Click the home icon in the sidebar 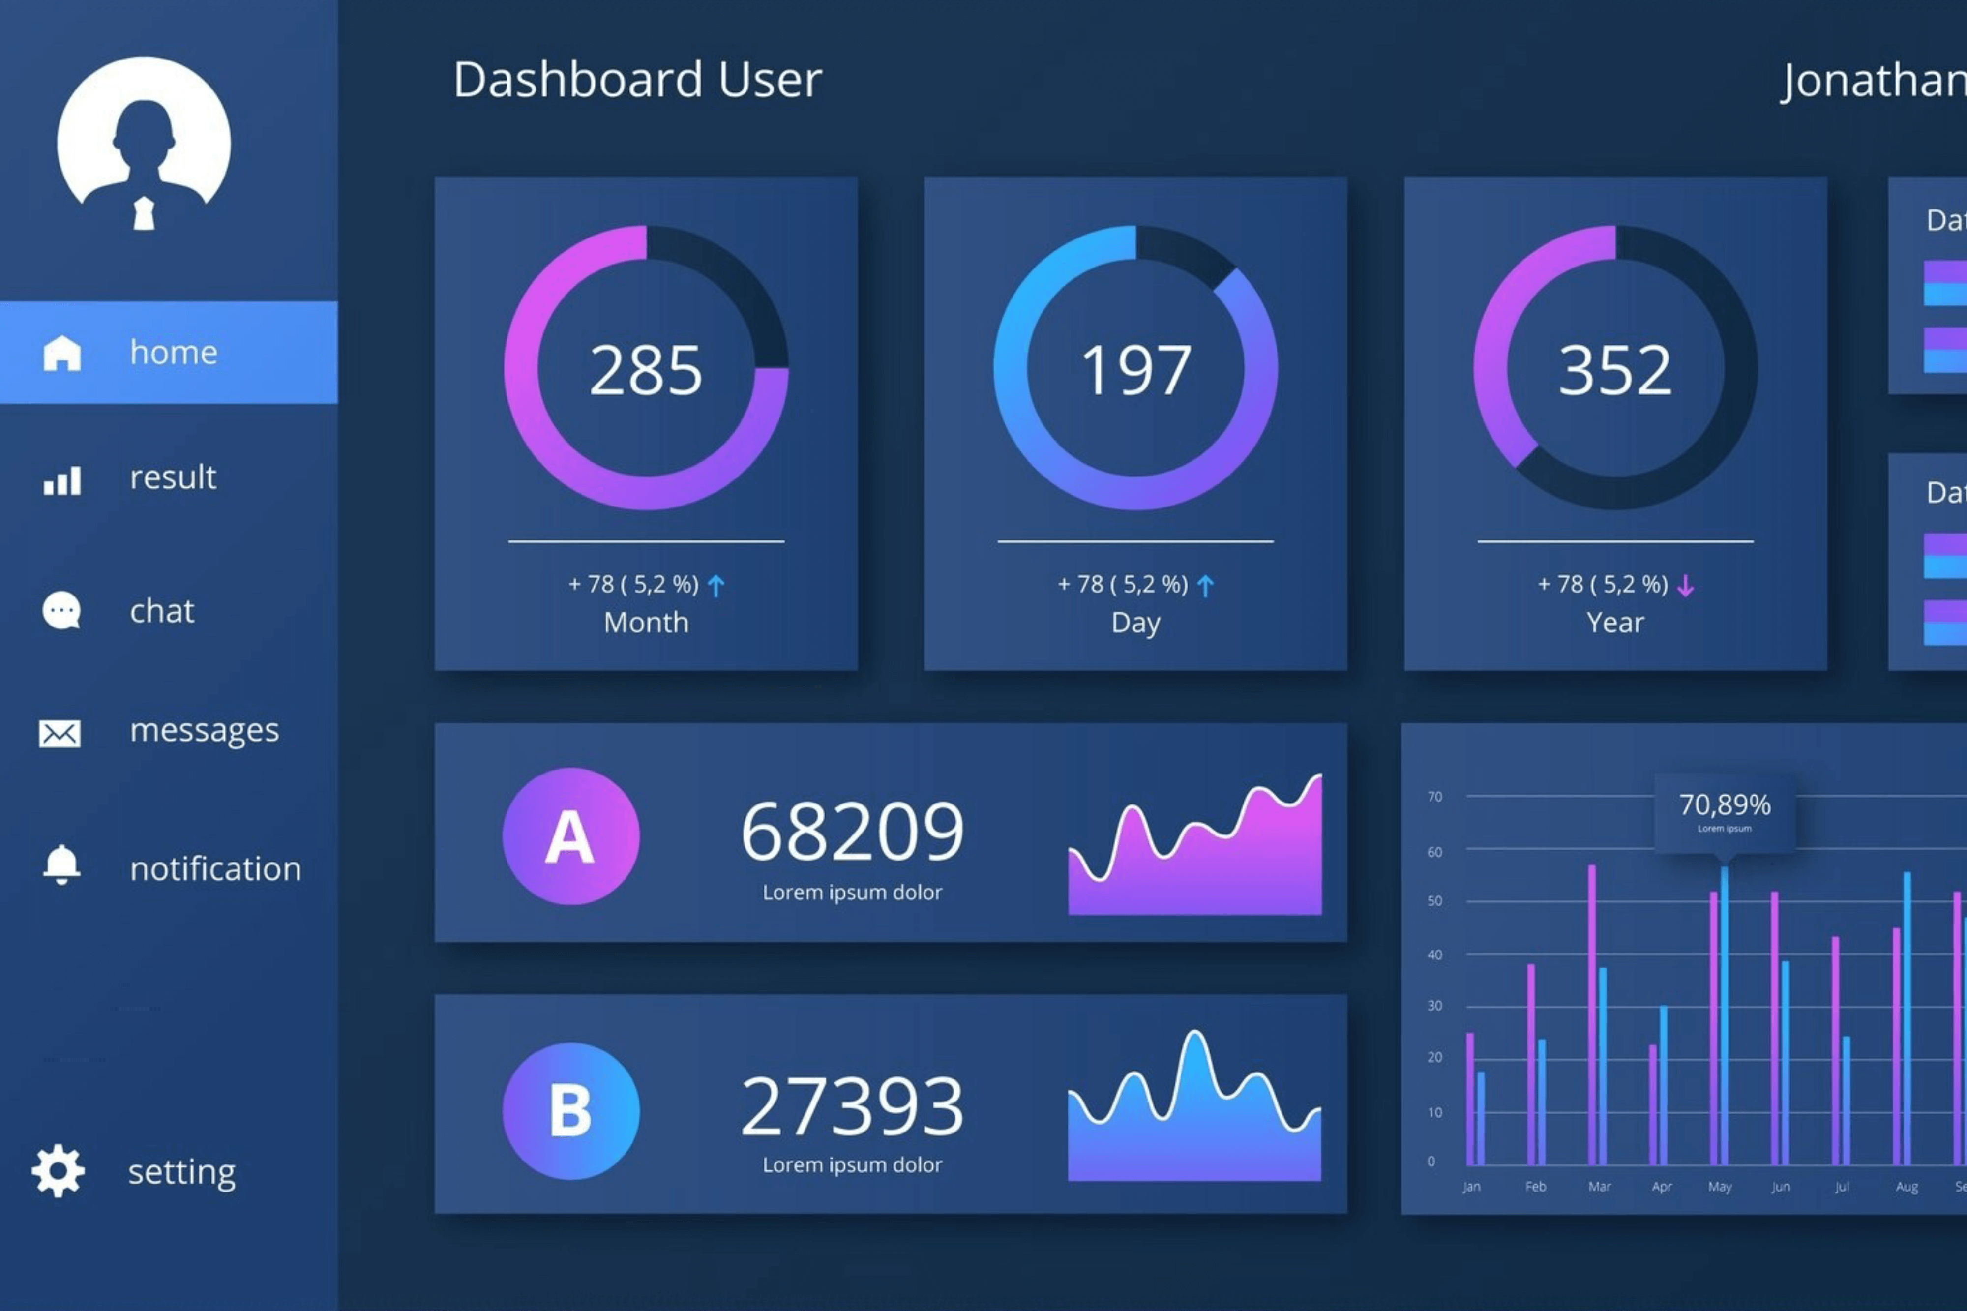point(62,353)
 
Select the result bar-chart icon point(62,480)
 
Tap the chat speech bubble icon point(61,610)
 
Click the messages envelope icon point(60,733)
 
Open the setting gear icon point(58,1170)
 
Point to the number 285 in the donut point(645,370)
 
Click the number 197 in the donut point(1135,370)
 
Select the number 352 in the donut point(1614,370)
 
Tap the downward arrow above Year point(1685,585)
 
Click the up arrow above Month point(715,585)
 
